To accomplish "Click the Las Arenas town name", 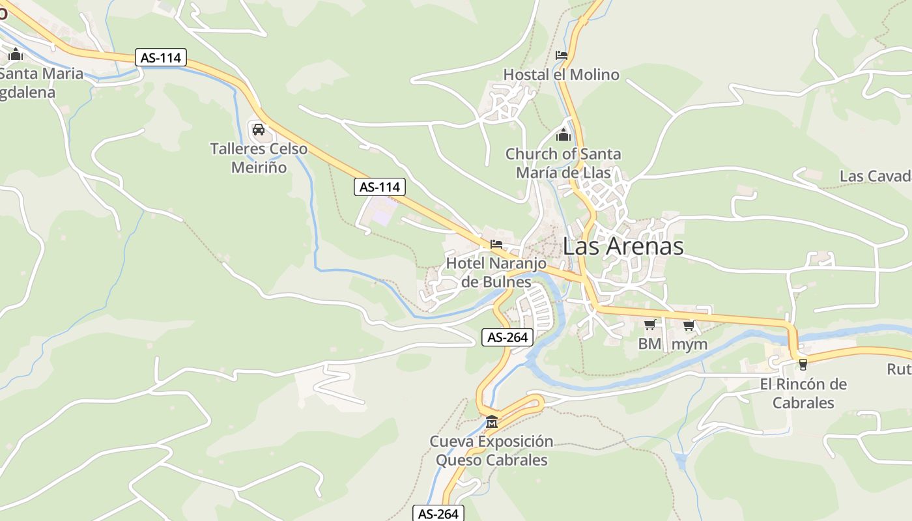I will (623, 246).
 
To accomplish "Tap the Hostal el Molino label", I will (562, 75).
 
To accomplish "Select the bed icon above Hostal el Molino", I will (562, 55).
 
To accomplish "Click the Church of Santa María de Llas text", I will (563, 163).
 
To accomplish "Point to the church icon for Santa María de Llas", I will (563, 135).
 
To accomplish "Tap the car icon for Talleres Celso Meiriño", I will (259, 129).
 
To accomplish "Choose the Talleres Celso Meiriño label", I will (259, 158).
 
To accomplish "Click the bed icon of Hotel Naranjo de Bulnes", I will (496, 245).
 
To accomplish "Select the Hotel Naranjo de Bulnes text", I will (496, 272).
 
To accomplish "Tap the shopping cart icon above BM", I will (649, 325).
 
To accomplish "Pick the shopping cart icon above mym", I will (689, 325).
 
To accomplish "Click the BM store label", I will (649, 344).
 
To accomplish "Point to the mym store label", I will (689, 344).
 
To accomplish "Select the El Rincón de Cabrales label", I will (803, 393).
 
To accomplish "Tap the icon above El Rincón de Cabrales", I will (803, 365).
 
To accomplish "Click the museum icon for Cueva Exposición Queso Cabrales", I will (491, 422).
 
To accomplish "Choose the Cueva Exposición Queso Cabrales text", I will (491, 451).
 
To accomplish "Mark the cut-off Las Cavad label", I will (875, 176).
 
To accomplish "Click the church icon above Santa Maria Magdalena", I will (16, 54).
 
